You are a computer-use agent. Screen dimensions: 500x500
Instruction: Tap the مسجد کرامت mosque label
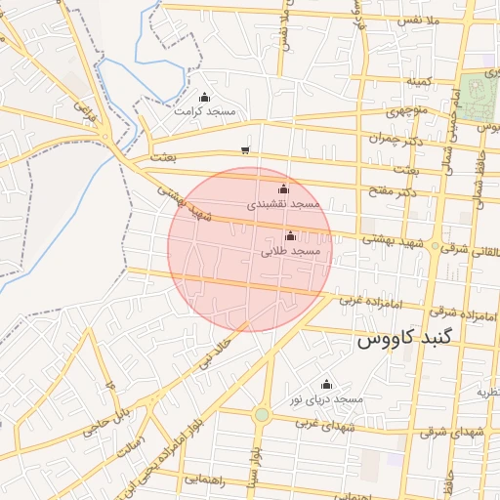coord(205,111)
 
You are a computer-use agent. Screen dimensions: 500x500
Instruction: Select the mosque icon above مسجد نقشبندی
coord(284,188)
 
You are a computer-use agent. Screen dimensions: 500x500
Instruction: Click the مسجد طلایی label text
coord(291,251)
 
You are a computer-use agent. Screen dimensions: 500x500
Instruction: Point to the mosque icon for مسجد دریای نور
coord(326,384)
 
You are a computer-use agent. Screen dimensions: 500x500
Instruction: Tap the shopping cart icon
coord(244,149)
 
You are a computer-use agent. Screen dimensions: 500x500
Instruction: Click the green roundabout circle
coord(262,415)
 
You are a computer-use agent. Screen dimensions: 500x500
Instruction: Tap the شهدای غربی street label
coord(323,422)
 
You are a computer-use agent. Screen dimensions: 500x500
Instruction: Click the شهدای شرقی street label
coord(456,432)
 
